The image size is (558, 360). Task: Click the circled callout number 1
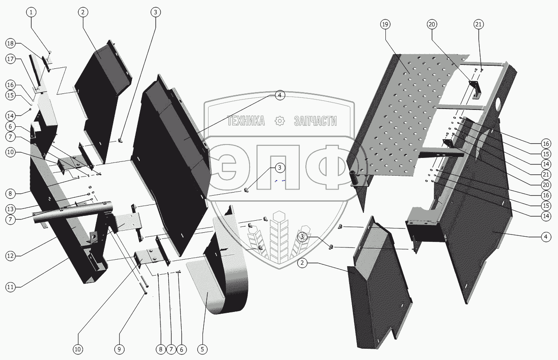pos(31,12)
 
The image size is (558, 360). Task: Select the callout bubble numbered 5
pos(202,349)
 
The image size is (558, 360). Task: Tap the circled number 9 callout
pos(119,349)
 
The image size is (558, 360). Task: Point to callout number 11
pos(10,287)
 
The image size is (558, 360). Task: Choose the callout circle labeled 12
pos(10,256)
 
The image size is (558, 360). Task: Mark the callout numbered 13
pos(10,209)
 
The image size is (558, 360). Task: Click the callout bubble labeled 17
pos(10,59)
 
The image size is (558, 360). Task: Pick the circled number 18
pos(10,43)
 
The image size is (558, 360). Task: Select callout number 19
pos(385,24)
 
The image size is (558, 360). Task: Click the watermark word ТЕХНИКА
pos(246,121)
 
